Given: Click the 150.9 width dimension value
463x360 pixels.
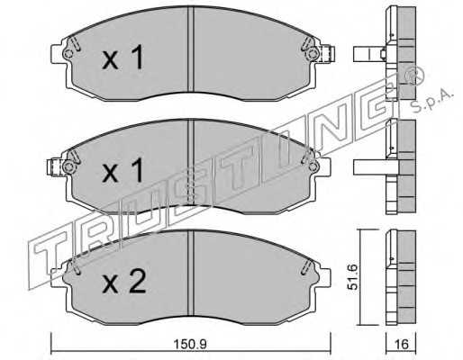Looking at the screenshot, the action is pos(191,344).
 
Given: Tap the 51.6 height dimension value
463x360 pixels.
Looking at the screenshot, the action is pos(352,277).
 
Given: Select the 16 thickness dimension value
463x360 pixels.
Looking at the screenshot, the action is pos(401,344).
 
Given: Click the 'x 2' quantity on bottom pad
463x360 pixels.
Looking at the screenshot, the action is pos(123,282).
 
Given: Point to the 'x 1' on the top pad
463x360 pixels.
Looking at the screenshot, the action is pos(123,57).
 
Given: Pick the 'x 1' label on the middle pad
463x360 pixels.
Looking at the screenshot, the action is pos(123,170).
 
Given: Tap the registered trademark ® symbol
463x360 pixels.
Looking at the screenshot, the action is pos(414,76).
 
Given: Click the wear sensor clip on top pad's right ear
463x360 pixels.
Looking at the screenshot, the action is pos(328,54).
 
